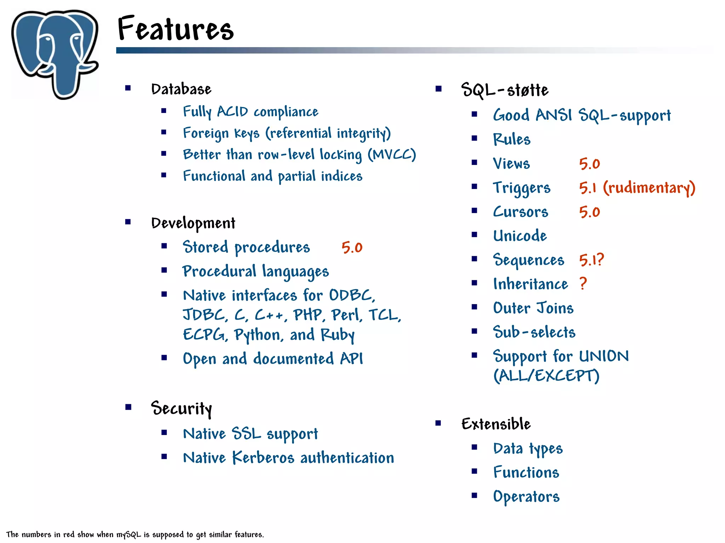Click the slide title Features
[x=175, y=28]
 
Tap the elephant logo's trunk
[x=65, y=80]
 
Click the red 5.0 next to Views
[x=589, y=164]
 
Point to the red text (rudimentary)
[x=649, y=188]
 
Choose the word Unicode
[x=520, y=236]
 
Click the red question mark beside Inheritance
[x=583, y=284]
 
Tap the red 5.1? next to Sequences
[x=591, y=260]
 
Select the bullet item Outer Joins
[x=533, y=308]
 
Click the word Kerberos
[x=263, y=458]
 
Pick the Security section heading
[x=181, y=408]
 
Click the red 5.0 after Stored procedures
[x=352, y=247]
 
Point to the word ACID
[x=232, y=112]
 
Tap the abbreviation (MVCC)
[x=392, y=155]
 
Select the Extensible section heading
[x=496, y=424]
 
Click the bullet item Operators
[x=526, y=497]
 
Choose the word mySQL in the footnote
[x=129, y=535]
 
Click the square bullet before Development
[x=128, y=222]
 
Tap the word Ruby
[x=337, y=335]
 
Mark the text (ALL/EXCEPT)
[x=546, y=376]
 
